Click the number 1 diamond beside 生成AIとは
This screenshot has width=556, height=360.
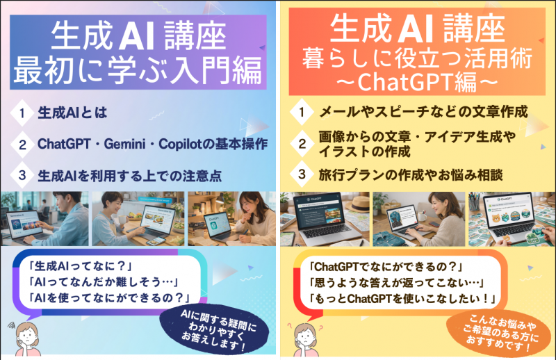[x=22, y=113]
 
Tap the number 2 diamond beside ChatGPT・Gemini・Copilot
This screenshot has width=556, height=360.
[x=22, y=144]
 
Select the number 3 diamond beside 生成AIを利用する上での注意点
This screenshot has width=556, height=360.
[x=22, y=175]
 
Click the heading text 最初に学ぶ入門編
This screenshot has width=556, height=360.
[x=138, y=70]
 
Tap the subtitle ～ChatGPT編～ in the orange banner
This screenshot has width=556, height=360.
[x=416, y=82]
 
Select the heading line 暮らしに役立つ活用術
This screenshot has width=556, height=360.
[x=417, y=58]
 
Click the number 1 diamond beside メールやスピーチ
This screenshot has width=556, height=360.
[x=302, y=112]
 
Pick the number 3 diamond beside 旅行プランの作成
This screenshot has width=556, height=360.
[x=302, y=174]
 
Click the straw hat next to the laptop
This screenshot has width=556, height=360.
[x=357, y=203]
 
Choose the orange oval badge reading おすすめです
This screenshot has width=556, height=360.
[x=500, y=332]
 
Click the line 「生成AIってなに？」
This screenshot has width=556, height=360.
[x=81, y=266]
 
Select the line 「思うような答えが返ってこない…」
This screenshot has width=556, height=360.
[x=397, y=282]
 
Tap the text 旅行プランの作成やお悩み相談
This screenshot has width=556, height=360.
[x=411, y=174]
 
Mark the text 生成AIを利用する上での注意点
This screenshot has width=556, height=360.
[x=130, y=176]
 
